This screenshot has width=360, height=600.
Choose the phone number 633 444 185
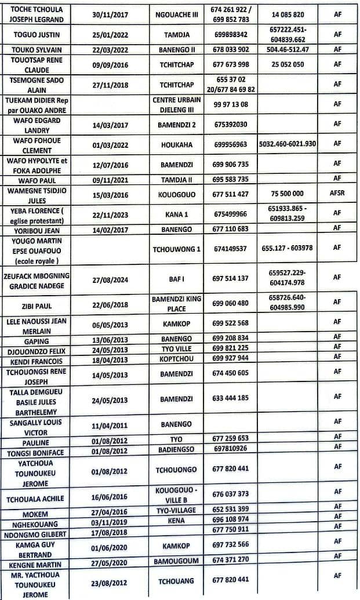point(230,398)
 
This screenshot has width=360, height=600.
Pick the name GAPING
point(36,341)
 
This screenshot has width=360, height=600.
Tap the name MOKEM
point(35,514)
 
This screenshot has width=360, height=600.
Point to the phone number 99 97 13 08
point(230,104)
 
